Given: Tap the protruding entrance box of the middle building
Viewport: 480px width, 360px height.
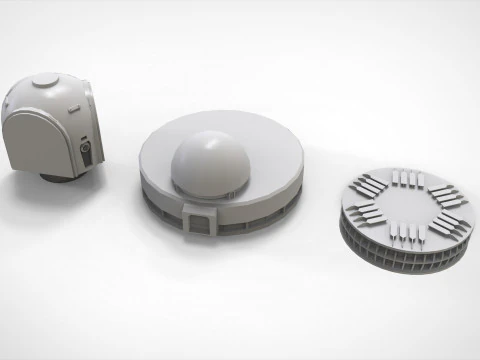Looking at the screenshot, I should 199,218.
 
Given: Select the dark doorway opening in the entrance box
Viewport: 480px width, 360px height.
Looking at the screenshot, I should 200,225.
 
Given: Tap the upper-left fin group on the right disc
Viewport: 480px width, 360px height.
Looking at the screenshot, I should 366,184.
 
